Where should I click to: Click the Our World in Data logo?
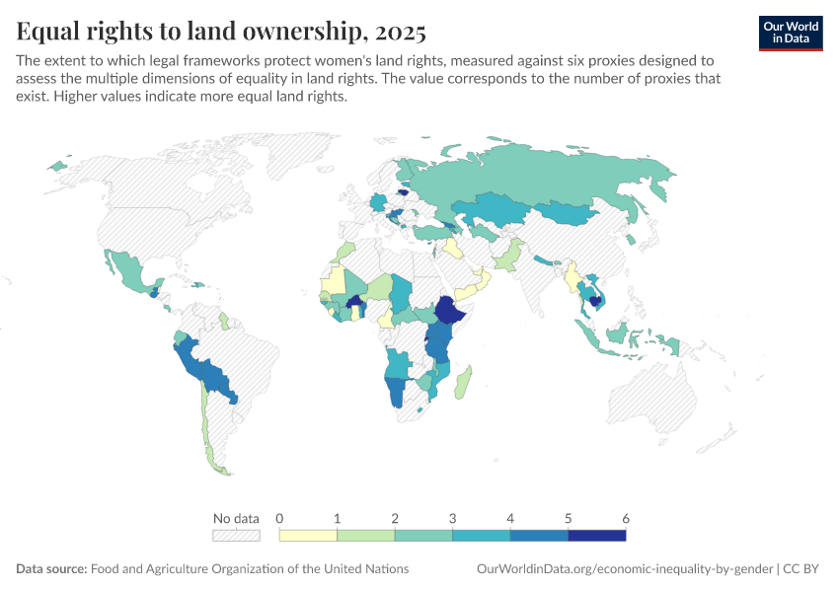pyautogui.click(x=791, y=34)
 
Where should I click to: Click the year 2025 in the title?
pyautogui.click(x=400, y=32)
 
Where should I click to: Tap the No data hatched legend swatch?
pyautogui.click(x=236, y=536)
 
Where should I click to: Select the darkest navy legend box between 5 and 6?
pyautogui.click(x=596, y=536)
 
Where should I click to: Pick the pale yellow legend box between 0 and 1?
pyautogui.click(x=308, y=536)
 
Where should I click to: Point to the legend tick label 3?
pyautogui.click(x=452, y=519)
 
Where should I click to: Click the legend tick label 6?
pyautogui.click(x=626, y=519)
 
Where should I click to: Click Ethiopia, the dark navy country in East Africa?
pyautogui.click(x=449, y=310)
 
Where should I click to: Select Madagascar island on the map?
pyautogui.click(x=463, y=383)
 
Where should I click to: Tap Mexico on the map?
pyautogui.click(x=130, y=271)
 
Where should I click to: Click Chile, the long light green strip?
pyautogui.click(x=208, y=429)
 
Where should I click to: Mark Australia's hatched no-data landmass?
pyautogui.click(x=653, y=395)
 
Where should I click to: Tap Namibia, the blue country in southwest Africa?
pyautogui.click(x=396, y=392)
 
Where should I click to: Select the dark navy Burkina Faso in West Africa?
pyautogui.click(x=354, y=302)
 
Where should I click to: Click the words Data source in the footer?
pyautogui.click(x=51, y=569)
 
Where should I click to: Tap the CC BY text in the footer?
pyautogui.click(x=801, y=569)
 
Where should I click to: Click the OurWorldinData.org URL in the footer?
pyautogui.click(x=625, y=569)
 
